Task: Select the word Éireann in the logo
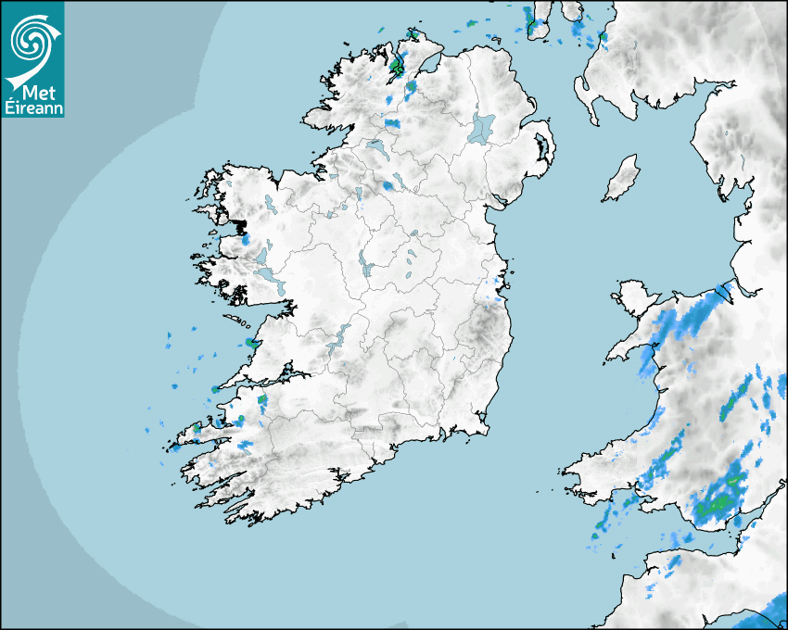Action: pos(33,106)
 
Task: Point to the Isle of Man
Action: pos(621,179)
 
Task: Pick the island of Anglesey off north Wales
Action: pos(635,295)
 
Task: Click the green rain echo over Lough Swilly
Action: pos(398,66)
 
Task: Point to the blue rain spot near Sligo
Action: pos(387,185)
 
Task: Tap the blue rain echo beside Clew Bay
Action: pos(246,238)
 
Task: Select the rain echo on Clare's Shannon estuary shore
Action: pos(252,344)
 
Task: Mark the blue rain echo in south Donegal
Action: pos(392,122)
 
